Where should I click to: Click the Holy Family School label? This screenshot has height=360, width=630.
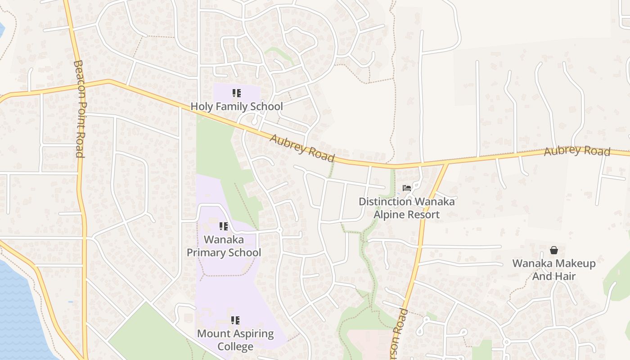[237, 107]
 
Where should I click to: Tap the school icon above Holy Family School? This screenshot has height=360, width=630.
[237, 93]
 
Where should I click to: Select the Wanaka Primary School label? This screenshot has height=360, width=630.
[224, 246]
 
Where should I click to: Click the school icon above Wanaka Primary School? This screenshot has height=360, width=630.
[224, 226]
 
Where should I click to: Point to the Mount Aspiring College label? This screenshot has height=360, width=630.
[235, 340]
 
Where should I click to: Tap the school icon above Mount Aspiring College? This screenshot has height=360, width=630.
[235, 320]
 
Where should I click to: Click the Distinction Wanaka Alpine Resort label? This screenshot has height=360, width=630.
[406, 207]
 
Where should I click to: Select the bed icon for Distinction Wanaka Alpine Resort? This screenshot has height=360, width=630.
[407, 188]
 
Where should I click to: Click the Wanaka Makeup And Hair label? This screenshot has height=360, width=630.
[554, 270]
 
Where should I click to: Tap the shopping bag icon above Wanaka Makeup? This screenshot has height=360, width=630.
[554, 250]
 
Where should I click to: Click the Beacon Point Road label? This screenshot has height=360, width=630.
[79, 109]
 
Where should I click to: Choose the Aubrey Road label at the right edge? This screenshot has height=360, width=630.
[577, 151]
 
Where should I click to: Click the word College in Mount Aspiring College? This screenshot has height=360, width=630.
[235, 347]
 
